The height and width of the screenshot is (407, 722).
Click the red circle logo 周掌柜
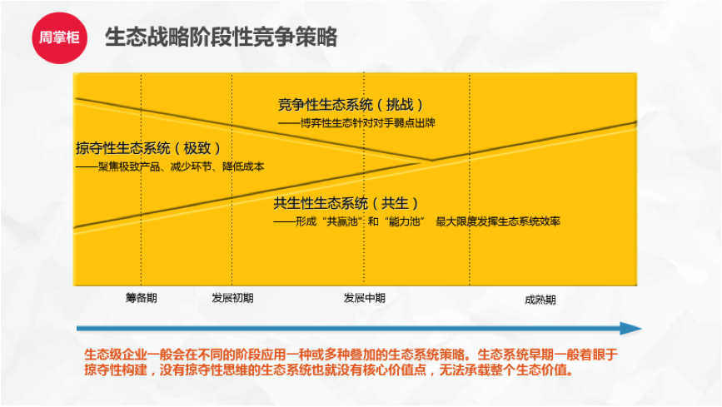point(59,37)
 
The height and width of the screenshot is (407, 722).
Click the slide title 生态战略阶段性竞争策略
point(222,37)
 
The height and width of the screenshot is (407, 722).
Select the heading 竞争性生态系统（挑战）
point(351,105)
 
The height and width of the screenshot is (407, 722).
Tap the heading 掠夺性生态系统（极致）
point(148,148)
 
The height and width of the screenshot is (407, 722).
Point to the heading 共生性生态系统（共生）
point(346,203)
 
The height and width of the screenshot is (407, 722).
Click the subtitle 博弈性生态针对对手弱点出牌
point(367,123)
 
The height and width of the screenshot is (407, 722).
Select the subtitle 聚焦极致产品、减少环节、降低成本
point(182,166)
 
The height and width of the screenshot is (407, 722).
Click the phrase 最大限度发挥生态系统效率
point(498,222)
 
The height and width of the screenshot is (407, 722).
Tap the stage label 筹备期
point(142,298)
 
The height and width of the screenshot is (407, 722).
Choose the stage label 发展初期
point(232,298)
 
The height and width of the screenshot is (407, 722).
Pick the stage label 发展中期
point(364,298)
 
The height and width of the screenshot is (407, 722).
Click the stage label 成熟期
point(540,300)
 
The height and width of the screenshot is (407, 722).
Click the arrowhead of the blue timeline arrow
point(631,328)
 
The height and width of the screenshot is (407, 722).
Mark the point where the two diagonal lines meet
point(431,161)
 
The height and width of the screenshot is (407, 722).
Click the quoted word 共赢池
point(342,222)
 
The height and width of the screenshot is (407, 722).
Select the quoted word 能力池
point(404,222)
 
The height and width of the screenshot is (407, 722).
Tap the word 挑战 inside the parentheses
point(399,105)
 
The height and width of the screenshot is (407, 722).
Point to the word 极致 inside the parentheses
point(197,148)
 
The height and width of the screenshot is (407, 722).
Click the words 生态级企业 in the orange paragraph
point(116,355)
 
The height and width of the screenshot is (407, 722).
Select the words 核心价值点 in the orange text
point(395,370)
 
